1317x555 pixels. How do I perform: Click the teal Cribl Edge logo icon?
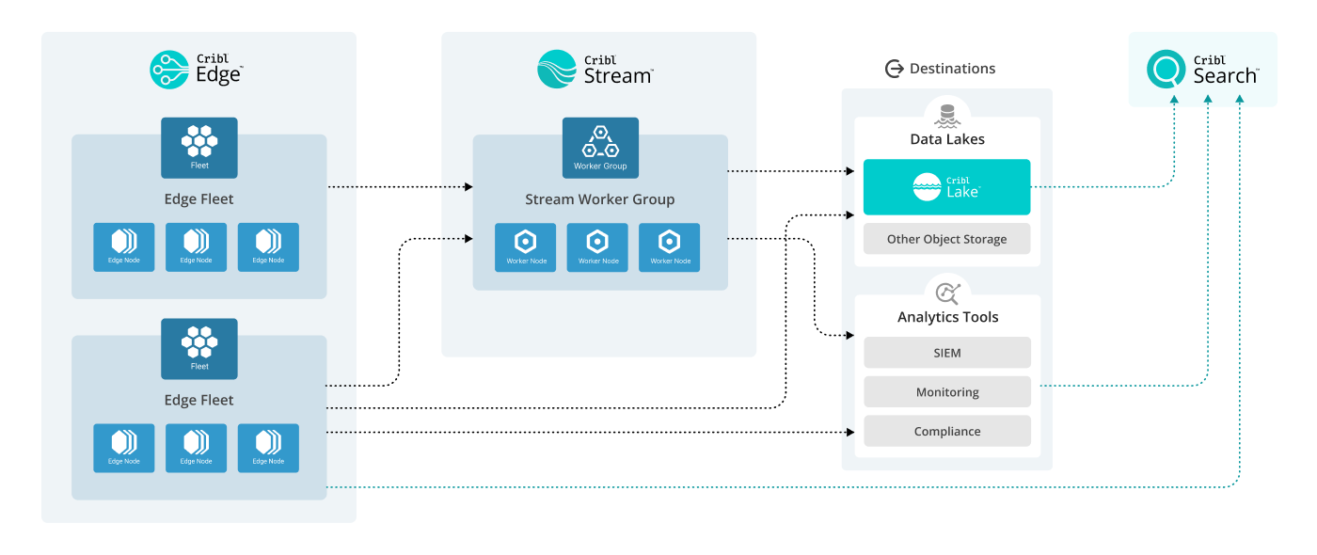[169, 70]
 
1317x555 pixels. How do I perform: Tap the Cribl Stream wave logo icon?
[557, 70]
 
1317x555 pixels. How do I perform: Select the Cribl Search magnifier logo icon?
[1166, 70]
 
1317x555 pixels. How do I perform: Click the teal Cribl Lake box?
[946, 187]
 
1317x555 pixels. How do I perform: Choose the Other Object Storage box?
[946, 239]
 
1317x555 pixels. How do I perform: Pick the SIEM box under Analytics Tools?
[946, 353]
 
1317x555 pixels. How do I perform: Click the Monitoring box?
[946, 392]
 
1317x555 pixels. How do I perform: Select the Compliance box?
[946, 431]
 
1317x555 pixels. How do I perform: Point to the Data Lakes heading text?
[946, 139]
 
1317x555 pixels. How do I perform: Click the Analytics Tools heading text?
[947, 317]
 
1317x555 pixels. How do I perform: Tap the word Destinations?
[952, 69]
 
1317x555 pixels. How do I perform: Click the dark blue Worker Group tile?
[600, 148]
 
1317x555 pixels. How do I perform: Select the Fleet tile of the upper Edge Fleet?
[199, 148]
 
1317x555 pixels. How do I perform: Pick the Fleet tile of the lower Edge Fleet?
[199, 348]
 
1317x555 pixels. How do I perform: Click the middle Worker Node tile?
[597, 247]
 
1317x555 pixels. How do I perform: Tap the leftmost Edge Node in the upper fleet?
[124, 247]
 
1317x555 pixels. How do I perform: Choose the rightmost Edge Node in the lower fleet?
[268, 448]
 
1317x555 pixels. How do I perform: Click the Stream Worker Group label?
[599, 199]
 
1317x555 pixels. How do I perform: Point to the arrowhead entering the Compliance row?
[849, 432]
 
